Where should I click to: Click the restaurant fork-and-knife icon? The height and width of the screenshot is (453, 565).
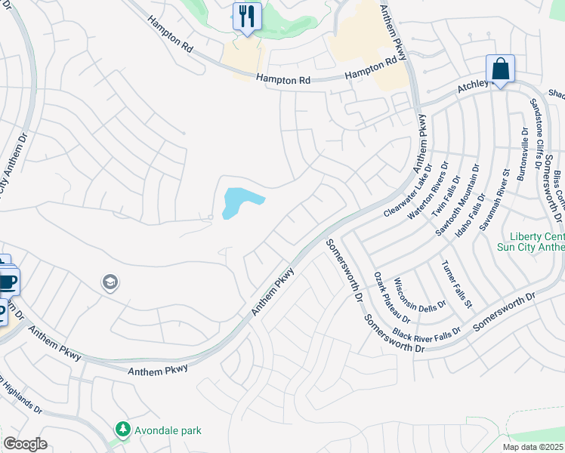(x=247, y=16)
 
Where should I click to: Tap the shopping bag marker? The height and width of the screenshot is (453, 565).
(x=500, y=69)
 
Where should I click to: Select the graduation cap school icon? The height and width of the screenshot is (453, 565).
(x=110, y=282)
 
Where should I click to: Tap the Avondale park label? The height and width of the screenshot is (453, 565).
(x=168, y=430)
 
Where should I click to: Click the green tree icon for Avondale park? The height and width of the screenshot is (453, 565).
(x=122, y=430)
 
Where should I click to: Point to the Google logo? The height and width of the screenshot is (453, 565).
(x=25, y=444)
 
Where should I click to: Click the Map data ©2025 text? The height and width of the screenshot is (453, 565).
(x=533, y=447)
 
